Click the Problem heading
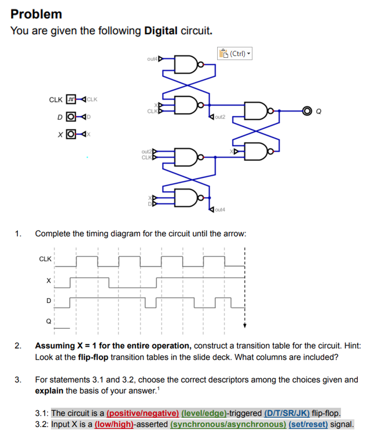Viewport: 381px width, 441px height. (x=36, y=13)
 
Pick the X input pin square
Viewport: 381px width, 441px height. (x=71, y=136)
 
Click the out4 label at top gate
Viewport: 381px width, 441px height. (x=152, y=58)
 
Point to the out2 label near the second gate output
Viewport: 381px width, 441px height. (x=219, y=117)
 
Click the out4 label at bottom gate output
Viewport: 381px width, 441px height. (x=219, y=209)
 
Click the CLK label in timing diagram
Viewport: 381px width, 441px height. (x=45, y=258)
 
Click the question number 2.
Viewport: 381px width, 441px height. (x=19, y=346)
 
